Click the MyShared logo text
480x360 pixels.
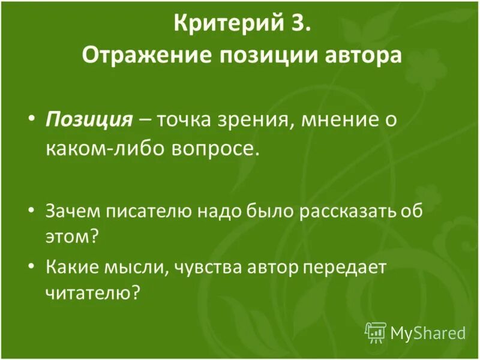pyautogui.click(x=428, y=331)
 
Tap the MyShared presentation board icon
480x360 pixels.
pyautogui.click(x=375, y=331)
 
